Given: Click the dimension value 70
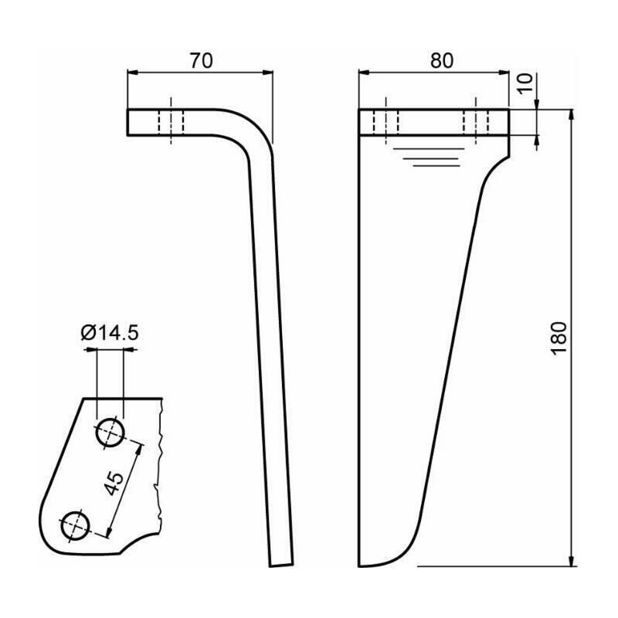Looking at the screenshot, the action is coord(201,61).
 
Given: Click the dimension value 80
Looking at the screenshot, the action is coord(441,61).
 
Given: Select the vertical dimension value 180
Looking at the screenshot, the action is coord(559,338).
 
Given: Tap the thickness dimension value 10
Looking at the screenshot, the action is coord(525,83).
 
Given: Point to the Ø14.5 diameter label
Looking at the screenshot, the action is coord(110,333).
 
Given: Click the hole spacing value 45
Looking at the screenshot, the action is coord(114,484).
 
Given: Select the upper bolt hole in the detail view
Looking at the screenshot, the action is coord(110,433).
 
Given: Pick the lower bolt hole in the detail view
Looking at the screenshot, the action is coord(76,526).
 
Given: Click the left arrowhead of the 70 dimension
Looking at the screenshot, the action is coord(132,73).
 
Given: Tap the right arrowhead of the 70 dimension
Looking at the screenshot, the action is coord(268,73).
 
